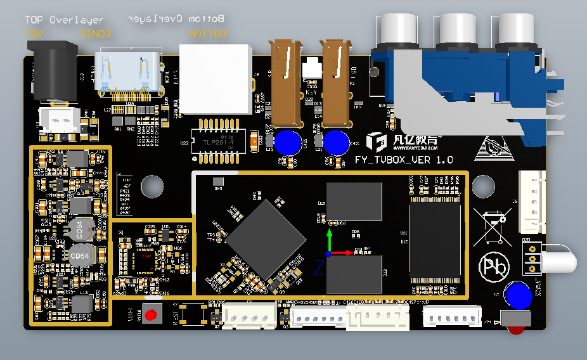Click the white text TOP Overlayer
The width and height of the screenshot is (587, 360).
[x=63, y=20]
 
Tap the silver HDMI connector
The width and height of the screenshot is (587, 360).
[x=127, y=74]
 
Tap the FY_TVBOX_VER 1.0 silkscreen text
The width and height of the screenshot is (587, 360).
[x=404, y=160]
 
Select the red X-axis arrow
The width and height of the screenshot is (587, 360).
[x=342, y=253]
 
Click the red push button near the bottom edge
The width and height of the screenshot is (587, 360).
[x=151, y=314]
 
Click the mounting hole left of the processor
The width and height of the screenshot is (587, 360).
[x=152, y=186]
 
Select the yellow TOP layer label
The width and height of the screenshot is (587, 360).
[x=35, y=34]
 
